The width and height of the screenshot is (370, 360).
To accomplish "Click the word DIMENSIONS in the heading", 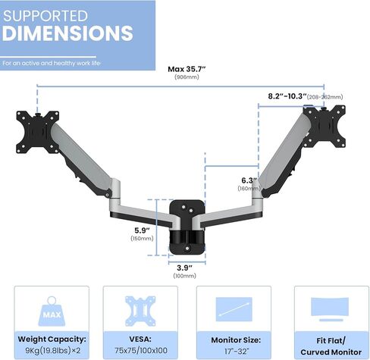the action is click(x=67, y=33).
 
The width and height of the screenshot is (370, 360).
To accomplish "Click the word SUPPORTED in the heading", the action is click(x=45, y=16).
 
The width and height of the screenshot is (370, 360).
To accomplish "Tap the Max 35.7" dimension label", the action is click(x=187, y=69).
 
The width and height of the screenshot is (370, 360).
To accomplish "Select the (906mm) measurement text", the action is click(x=187, y=77).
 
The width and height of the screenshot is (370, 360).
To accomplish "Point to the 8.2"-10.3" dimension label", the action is click(x=287, y=96).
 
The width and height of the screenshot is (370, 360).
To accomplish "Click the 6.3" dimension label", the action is click(x=249, y=180).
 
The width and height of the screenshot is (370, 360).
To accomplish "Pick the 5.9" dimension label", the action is click(x=142, y=230).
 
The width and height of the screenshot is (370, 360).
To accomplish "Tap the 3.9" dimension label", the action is click(x=184, y=268).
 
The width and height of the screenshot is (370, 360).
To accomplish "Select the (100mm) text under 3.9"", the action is click(x=184, y=276).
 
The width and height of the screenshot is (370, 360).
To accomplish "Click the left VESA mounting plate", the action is click(x=38, y=132).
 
